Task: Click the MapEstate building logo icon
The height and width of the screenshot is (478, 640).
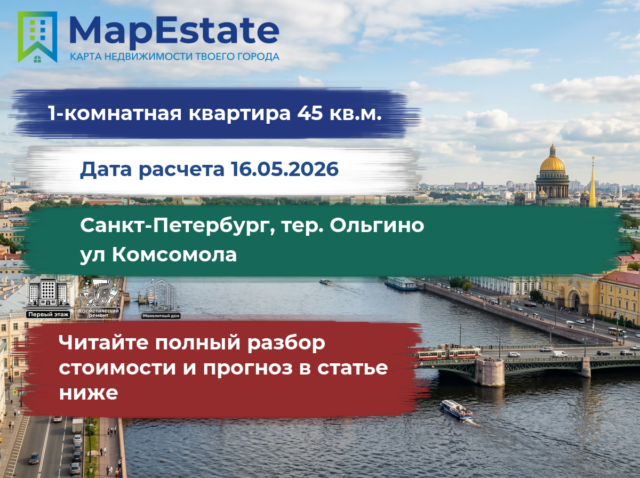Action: [x=37, y=37]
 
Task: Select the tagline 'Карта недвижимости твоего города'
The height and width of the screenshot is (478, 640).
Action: [x=174, y=57]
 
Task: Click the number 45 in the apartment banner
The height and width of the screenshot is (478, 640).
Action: [x=310, y=113]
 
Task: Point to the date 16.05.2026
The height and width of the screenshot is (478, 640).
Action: [x=285, y=169]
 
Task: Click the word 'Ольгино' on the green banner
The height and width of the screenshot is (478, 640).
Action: [x=377, y=226]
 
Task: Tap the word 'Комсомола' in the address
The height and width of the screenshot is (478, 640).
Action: [x=174, y=255]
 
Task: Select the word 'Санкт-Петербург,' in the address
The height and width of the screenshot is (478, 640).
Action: [x=178, y=226]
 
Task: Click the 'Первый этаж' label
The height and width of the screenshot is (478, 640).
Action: [x=48, y=315]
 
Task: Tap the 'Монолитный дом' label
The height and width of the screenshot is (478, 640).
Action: [x=161, y=316]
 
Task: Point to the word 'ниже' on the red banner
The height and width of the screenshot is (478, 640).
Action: [x=89, y=393]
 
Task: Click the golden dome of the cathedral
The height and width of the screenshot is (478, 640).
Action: [x=553, y=163]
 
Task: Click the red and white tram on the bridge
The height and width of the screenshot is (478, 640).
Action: [x=448, y=353]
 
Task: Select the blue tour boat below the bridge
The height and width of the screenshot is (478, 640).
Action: [x=456, y=410]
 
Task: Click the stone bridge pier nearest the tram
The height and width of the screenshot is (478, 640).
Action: [x=490, y=372]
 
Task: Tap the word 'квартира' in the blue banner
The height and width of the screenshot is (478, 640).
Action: [x=239, y=114]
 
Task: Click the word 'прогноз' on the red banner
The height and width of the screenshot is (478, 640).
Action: [x=248, y=368]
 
